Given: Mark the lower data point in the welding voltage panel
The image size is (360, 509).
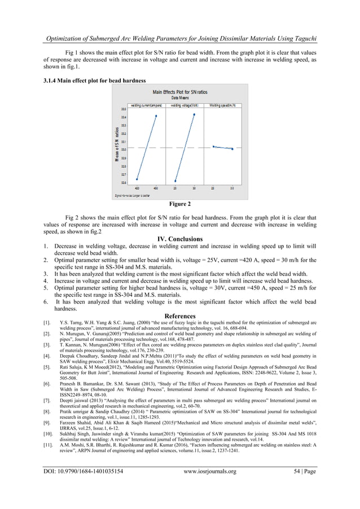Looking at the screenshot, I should tap(175, 181).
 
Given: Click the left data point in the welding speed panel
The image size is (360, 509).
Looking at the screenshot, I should tap(213, 146).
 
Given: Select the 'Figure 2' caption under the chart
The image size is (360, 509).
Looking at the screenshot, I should tap(179, 203).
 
